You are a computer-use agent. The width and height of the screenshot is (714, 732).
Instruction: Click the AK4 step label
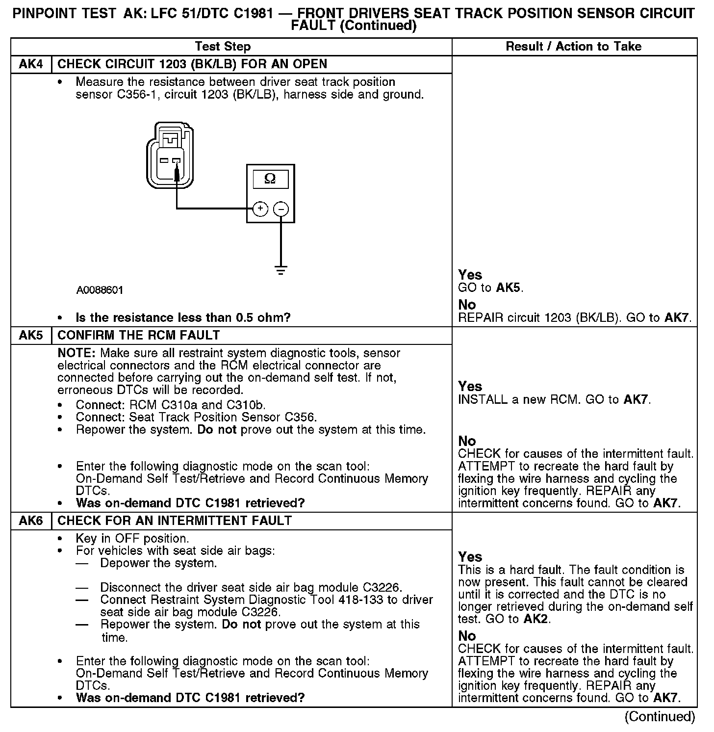pyautogui.click(x=30, y=64)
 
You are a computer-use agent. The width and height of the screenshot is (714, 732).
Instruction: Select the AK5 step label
pyautogui.click(x=30, y=336)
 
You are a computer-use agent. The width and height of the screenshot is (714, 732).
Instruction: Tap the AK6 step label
pyautogui.click(x=30, y=521)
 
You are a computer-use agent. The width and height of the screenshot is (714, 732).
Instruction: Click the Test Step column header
pyautogui.click(x=223, y=47)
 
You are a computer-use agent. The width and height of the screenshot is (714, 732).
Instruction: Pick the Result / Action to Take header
pyautogui.click(x=573, y=47)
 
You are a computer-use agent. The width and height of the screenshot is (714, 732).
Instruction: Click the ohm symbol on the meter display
pyautogui.click(x=270, y=179)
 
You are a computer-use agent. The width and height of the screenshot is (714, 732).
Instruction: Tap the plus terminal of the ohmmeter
pyautogui.click(x=260, y=209)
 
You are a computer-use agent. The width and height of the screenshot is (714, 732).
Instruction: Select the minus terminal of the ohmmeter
pyautogui.click(x=281, y=209)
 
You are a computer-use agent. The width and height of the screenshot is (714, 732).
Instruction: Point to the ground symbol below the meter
pyautogui.click(x=280, y=270)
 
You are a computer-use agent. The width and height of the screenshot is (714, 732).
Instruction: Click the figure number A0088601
pyautogui.click(x=100, y=290)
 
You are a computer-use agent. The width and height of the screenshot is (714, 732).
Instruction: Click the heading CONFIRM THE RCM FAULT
pyautogui.click(x=139, y=336)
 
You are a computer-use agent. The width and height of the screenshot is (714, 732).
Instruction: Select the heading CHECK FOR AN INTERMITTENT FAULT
pyautogui.click(x=175, y=521)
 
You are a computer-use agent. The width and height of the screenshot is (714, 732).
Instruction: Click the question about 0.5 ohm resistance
pyautogui.click(x=183, y=318)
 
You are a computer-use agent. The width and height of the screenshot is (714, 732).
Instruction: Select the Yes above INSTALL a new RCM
pyautogui.click(x=470, y=387)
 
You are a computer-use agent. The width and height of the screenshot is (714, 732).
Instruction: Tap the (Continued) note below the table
pyautogui.click(x=660, y=717)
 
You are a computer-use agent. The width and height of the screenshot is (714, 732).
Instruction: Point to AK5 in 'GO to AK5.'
pyautogui.click(x=509, y=288)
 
